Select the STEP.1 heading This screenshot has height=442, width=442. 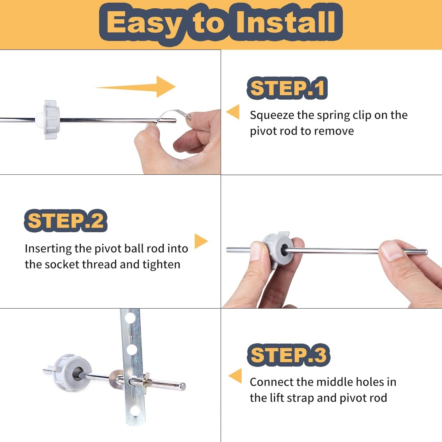287,88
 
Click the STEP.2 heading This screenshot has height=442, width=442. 65,221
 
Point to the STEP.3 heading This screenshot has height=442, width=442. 288,355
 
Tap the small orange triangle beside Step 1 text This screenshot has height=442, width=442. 233,112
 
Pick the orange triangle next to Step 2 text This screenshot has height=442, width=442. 200,241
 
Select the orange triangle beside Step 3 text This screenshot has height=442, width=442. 235,376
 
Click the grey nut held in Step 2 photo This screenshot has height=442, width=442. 278,249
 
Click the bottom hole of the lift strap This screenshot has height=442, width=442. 135,410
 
